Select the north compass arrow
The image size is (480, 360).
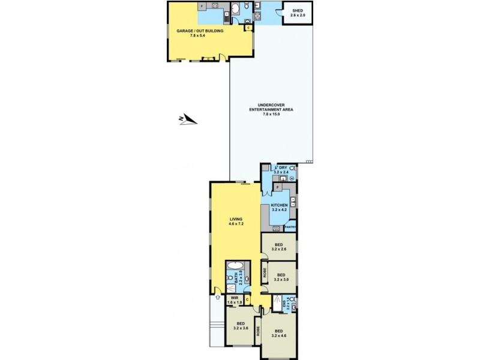tap(188, 119)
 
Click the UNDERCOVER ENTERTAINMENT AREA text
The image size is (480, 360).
tap(271, 110)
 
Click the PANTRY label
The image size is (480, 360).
tap(291, 227)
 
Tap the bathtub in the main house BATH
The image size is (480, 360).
tap(235, 266)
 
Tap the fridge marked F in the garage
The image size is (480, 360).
tap(202, 7)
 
